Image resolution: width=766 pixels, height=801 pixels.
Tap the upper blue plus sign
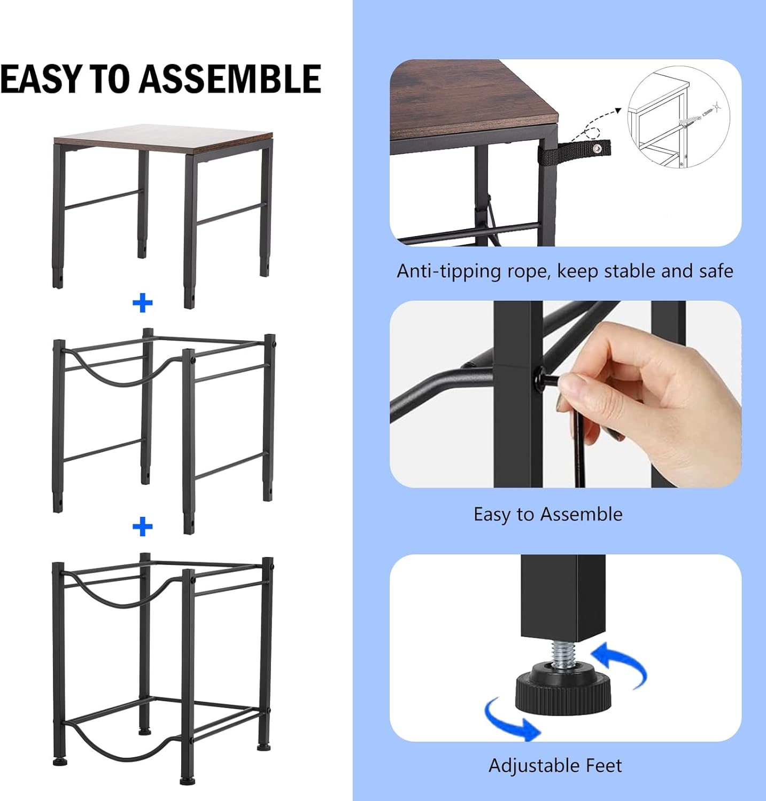(143, 303)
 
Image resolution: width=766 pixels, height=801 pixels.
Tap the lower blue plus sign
(143, 527)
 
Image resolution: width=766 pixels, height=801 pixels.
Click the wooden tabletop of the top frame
(163, 139)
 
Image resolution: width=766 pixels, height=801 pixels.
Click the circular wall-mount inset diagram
(678, 117)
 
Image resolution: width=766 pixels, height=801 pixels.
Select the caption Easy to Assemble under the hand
(548, 514)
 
